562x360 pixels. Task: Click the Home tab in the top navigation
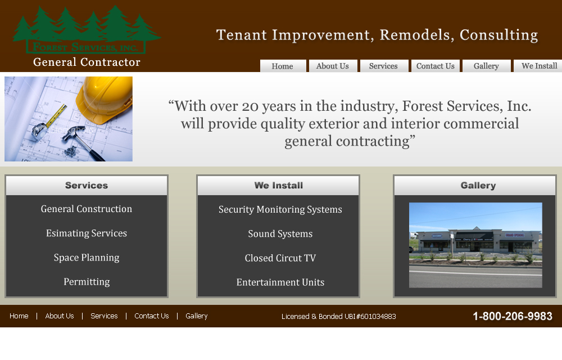[283, 66]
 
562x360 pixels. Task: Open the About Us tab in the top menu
[333, 66]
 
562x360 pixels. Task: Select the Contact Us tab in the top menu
[436, 66]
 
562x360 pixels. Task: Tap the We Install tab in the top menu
[538, 66]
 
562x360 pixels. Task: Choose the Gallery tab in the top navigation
[486, 66]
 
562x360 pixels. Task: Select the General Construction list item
[87, 209]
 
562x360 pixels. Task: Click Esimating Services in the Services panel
[87, 233]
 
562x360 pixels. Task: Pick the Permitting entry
[87, 282]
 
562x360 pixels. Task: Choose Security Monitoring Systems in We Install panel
[280, 209]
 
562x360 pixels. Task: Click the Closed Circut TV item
[280, 258]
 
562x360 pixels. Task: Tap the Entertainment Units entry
[280, 282]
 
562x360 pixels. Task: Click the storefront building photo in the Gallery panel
[475, 245]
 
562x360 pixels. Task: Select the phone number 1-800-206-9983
[513, 316]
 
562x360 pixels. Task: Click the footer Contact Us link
[152, 316]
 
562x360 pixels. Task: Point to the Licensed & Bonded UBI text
[339, 316]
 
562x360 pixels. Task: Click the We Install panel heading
[279, 186]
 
